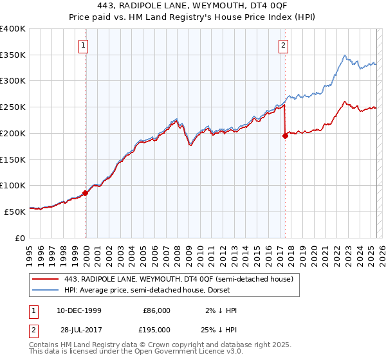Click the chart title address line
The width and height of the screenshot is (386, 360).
click(x=192, y=6)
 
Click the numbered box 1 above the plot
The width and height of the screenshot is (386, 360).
click(x=85, y=45)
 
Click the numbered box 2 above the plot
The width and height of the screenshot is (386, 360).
click(x=284, y=45)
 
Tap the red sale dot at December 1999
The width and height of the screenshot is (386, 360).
click(x=85, y=192)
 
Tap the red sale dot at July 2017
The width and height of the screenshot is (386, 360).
click(x=285, y=136)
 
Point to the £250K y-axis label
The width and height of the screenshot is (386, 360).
click(x=12, y=107)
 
